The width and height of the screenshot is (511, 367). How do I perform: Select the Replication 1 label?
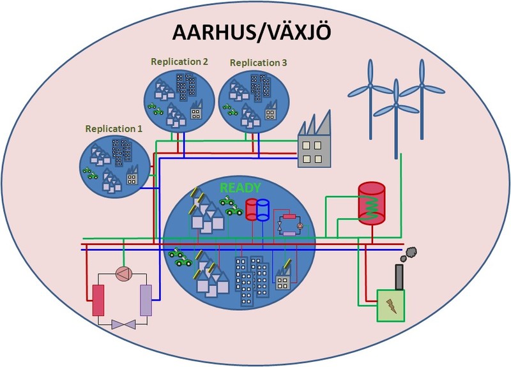coord(114,129)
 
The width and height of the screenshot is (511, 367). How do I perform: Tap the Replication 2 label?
coord(179,61)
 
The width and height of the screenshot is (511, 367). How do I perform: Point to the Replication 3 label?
coord(258,63)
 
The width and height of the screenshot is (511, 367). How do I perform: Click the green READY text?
coord(241,188)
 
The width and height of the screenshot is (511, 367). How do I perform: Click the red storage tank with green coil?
coord(372,204)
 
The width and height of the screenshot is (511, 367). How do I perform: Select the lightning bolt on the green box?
coord(391,306)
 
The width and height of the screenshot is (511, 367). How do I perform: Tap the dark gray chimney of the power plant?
coord(399,277)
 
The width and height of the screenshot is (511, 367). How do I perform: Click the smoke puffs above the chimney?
coord(409,254)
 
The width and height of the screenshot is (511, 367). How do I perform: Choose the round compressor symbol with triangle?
coord(124,274)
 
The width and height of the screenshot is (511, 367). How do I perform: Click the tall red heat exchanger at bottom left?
coord(98,300)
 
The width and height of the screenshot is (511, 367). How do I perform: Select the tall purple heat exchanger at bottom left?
coord(146,300)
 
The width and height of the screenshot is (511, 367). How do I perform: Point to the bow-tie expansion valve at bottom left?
coord(123,324)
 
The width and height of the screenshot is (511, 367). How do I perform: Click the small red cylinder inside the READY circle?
coord(252,209)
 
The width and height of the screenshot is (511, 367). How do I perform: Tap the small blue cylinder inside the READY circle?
coord(263,210)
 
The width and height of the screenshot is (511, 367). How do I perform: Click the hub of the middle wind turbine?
coord(396,105)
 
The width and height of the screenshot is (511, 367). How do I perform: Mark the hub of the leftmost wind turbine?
coord(370,86)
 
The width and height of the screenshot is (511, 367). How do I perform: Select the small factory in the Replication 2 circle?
coord(196,110)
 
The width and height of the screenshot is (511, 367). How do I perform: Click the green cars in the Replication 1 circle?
coord(90,173)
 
